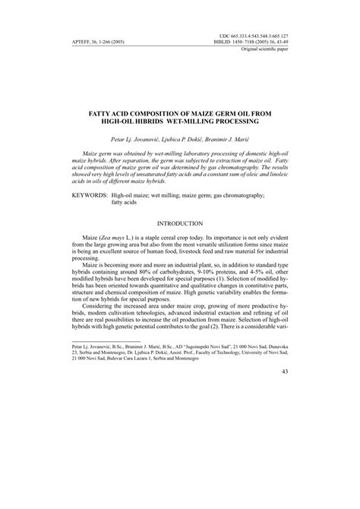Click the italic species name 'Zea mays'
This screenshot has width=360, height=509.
point(112,239)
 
